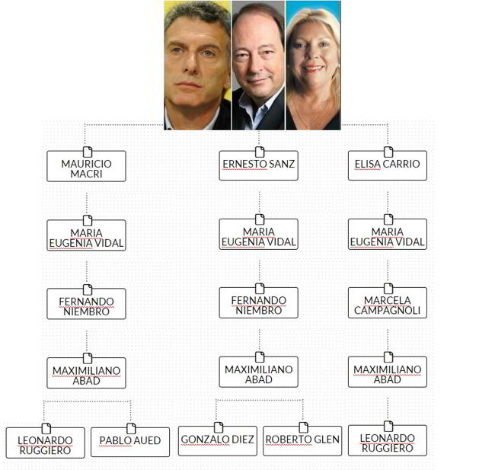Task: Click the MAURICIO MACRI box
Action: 86,167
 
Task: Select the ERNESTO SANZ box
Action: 258,165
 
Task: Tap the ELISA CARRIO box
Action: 387,165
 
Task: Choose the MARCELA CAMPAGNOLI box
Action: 387,304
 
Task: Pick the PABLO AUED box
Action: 130,442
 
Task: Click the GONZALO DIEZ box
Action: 217,441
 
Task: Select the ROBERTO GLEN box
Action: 302,441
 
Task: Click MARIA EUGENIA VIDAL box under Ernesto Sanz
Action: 258,235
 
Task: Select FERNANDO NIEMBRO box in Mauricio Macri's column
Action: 86,304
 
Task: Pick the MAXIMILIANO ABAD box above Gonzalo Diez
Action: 258,372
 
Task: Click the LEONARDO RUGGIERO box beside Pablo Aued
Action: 45,443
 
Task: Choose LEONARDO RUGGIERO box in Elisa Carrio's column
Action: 387,442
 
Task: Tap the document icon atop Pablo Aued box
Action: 131,428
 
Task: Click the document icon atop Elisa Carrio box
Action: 388,152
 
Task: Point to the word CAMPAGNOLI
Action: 387,311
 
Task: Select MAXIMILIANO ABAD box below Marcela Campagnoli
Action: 387,372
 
